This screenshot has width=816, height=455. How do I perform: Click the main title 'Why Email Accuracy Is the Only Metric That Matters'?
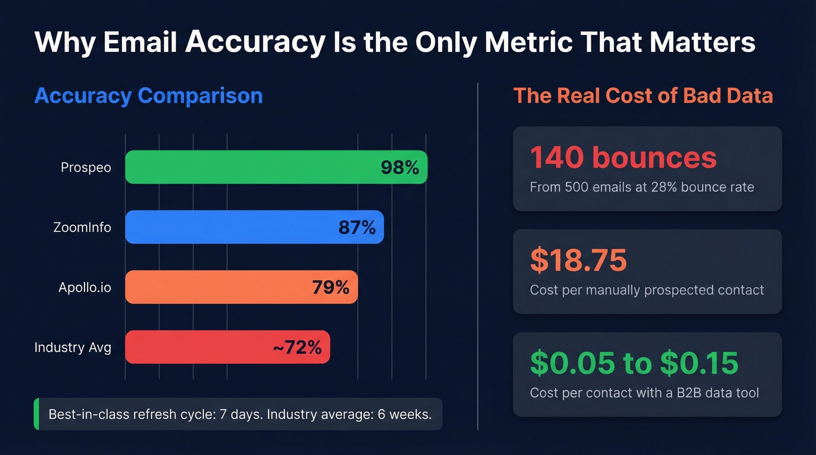tap(395, 43)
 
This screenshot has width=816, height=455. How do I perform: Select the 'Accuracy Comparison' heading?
tap(148, 96)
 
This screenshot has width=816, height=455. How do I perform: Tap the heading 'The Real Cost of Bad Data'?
tap(642, 96)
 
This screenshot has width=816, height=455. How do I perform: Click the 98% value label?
tap(399, 168)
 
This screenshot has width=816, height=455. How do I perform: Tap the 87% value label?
tap(357, 227)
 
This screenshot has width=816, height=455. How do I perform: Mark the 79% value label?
tap(330, 287)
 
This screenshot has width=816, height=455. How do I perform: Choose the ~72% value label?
tap(297, 348)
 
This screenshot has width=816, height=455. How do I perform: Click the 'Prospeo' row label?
tap(86, 168)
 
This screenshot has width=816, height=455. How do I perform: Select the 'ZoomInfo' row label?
tap(82, 227)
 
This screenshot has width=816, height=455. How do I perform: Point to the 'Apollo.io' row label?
tap(85, 287)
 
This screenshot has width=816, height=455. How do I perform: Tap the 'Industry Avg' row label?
tap(72, 348)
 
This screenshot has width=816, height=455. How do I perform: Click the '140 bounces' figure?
tap(623, 157)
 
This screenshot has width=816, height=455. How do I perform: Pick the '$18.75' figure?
tap(578, 260)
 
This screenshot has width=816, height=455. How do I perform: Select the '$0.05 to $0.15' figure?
tap(634, 364)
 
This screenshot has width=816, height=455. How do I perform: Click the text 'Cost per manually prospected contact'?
tap(646, 290)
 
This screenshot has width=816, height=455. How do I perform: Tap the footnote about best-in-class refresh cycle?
tap(240, 415)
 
